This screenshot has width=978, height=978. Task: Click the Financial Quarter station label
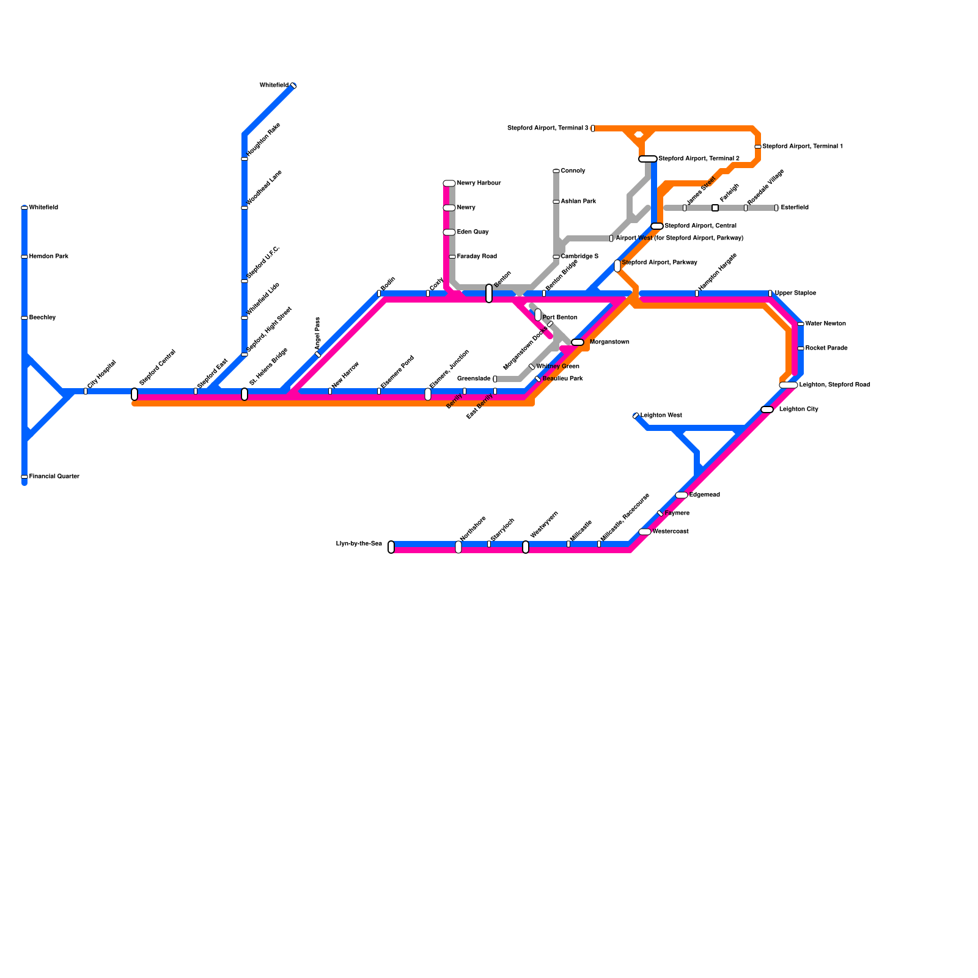pyautogui.click(x=54, y=477)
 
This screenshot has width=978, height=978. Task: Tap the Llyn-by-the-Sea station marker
pyautogui.click(x=391, y=547)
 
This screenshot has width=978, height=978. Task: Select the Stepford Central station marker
pyautogui.click(x=134, y=394)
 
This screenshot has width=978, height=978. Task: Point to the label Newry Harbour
pyautogui.click(x=479, y=183)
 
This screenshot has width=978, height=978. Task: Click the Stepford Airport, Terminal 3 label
pyautogui.click(x=548, y=128)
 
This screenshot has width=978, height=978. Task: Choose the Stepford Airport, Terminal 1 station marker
pyautogui.click(x=758, y=147)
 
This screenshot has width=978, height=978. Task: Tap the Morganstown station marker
pyautogui.click(x=578, y=342)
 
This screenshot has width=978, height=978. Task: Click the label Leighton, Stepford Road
pyautogui.click(x=834, y=385)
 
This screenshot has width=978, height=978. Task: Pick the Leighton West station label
pyautogui.click(x=661, y=416)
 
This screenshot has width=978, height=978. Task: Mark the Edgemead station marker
pyautogui.click(x=682, y=495)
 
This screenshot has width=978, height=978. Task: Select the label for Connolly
pyautogui.click(x=573, y=171)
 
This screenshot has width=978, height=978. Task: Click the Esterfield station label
pyautogui.click(x=794, y=208)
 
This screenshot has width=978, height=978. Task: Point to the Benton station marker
pyautogui.click(x=489, y=293)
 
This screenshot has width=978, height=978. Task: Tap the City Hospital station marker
pyautogui.click(x=86, y=391)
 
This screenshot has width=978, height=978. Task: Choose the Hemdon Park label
pyautogui.click(x=48, y=257)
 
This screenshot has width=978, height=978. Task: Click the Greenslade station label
pyautogui.click(x=474, y=379)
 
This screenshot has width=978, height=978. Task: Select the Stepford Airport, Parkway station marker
pyautogui.click(x=617, y=266)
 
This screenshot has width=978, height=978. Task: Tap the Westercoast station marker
pyautogui.click(x=645, y=532)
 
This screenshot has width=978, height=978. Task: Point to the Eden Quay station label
pyautogui.click(x=472, y=232)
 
